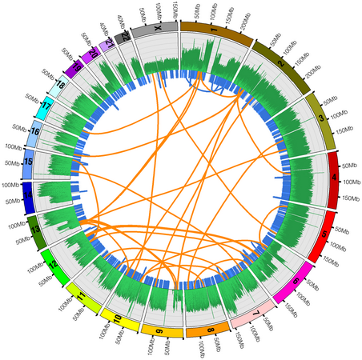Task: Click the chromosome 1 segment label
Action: pyautogui.click(x=213, y=28)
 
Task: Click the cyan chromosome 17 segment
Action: pyautogui.click(x=45, y=106)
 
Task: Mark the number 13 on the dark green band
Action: pyautogui.click(x=35, y=230)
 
